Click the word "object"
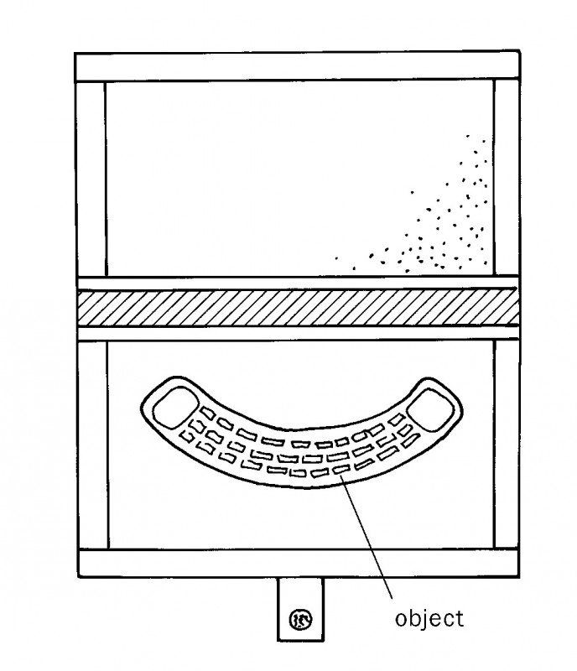[x=429, y=619]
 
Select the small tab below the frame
[x=300, y=608]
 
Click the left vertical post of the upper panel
[x=91, y=178]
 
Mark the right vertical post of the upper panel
[x=505, y=178]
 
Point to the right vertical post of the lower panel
[x=505, y=445]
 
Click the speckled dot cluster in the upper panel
[x=444, y=218]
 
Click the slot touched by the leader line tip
[x=342, y=471]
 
